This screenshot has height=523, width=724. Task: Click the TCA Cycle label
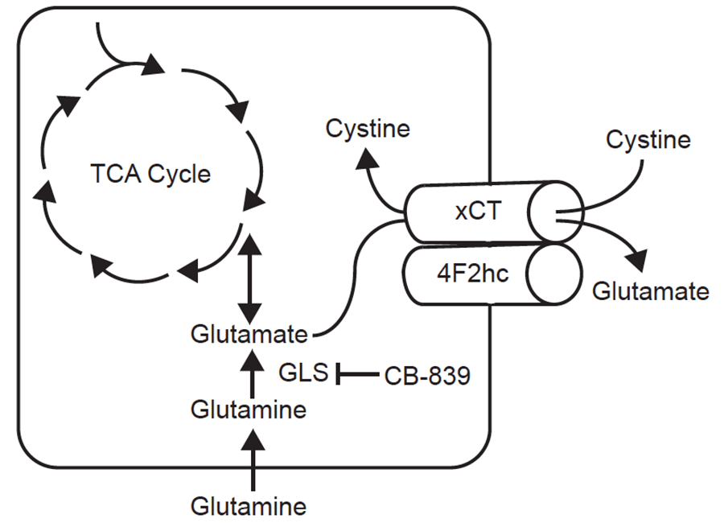coord(150,174)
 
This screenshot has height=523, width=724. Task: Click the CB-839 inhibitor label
coord(426,374)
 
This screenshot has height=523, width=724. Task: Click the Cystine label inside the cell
coord(368,128)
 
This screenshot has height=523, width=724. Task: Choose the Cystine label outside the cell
coord(648,140)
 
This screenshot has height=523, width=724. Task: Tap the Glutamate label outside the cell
coord(651,290)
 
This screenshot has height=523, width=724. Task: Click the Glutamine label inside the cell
coord(249,410)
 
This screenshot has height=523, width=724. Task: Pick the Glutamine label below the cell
coord(249,507)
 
